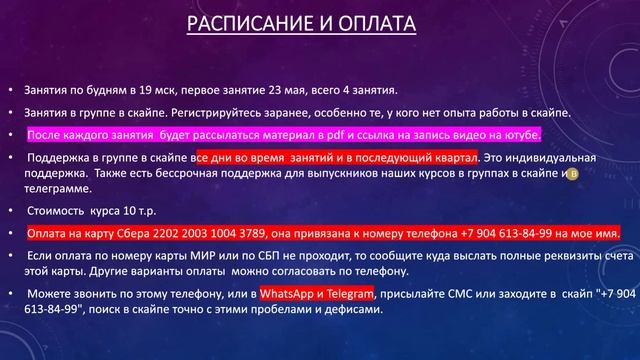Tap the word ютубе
pyautogui.click(x=518, y=134)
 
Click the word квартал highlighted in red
pyautogui.click(x=452, y=158)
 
